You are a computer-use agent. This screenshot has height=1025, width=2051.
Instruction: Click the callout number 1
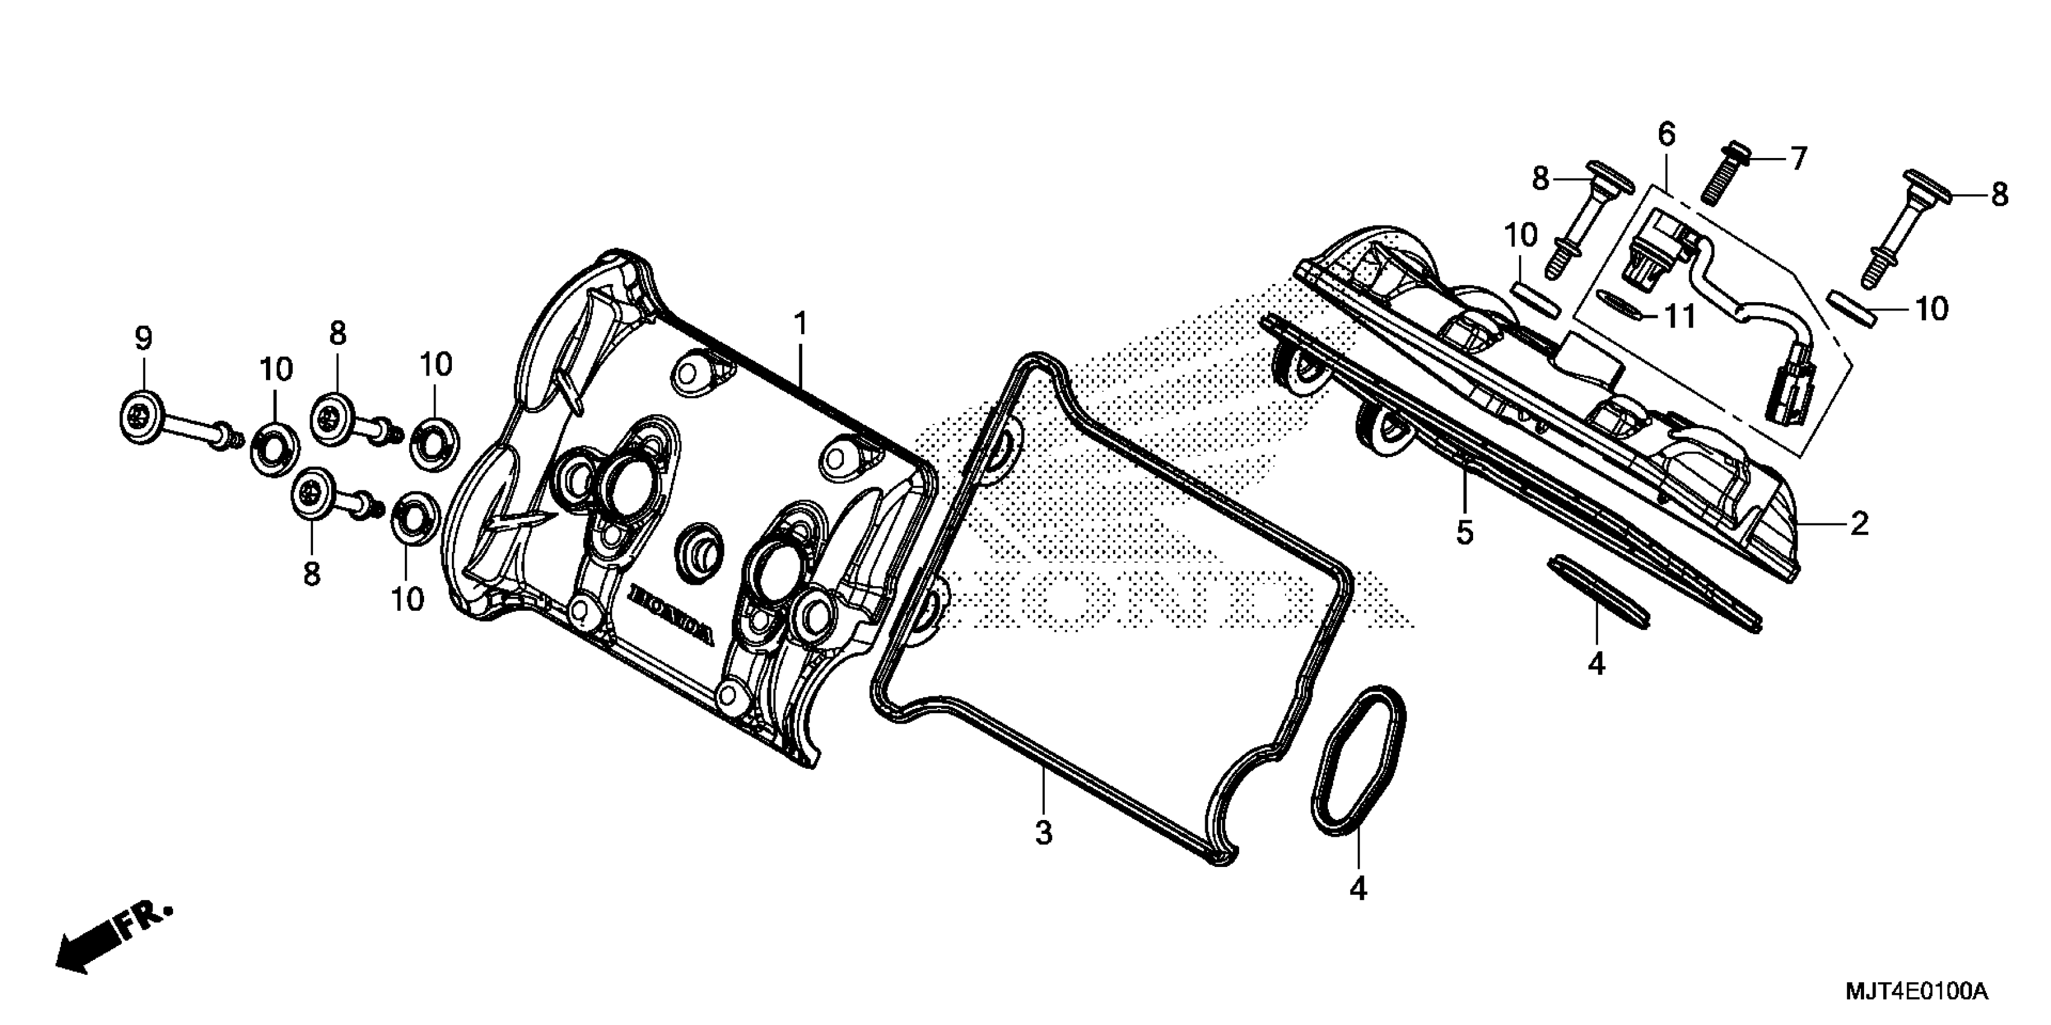coord(801,324)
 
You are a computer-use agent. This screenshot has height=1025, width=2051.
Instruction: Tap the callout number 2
coord(1859,523)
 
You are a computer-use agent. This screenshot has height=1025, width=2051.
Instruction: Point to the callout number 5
coord(1465,532)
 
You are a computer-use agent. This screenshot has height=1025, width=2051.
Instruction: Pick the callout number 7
coord(1799,159)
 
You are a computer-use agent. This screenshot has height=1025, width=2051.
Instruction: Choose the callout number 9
coord(144,339)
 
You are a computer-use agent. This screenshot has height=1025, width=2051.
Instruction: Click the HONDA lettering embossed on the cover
coord(672,613)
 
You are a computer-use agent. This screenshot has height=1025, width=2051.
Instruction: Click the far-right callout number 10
coord(1932,309)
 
